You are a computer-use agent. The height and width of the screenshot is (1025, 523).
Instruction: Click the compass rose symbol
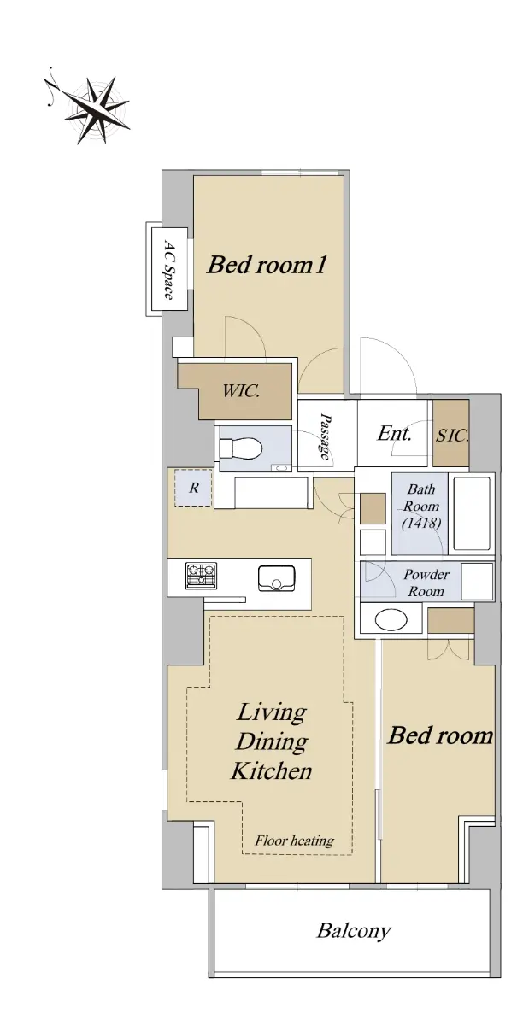coord(94,108)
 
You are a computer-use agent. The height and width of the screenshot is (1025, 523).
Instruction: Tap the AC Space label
coord(169,270)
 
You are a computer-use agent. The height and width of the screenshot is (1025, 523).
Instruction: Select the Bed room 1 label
coord(267,265)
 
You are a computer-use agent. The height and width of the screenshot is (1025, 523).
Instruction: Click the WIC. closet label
coord(241,391)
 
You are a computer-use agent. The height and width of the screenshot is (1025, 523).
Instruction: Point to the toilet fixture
coord(241,448)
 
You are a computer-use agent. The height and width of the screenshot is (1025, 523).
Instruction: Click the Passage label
coord(325,436)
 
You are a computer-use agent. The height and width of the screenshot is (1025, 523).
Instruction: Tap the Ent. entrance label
coord(394,433)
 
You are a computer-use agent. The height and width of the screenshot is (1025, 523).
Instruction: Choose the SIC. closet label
coord(452,435)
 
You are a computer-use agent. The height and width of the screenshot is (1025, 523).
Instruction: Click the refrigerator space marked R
coord(193,488)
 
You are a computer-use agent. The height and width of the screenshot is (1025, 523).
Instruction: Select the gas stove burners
coord(201,576)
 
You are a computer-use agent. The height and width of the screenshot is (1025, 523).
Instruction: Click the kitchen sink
coord(277,578)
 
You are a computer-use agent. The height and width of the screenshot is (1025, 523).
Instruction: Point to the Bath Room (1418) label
coord(420,506)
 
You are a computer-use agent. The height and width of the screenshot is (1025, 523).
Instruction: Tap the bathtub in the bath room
coord(472,513)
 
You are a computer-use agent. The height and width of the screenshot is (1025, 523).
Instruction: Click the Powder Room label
coord(426,583)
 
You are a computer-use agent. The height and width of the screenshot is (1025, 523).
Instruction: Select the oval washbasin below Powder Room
coord(391,620)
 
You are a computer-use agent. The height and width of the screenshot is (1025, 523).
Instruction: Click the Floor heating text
coord(295,840)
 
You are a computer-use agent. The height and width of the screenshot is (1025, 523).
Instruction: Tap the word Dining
coord(272,741)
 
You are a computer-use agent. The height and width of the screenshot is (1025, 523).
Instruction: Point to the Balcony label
coord(354,931)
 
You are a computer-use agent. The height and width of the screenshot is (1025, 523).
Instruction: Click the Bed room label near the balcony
coord(440,735)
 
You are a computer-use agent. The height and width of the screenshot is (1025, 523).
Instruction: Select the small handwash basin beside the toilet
coord(281,468)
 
